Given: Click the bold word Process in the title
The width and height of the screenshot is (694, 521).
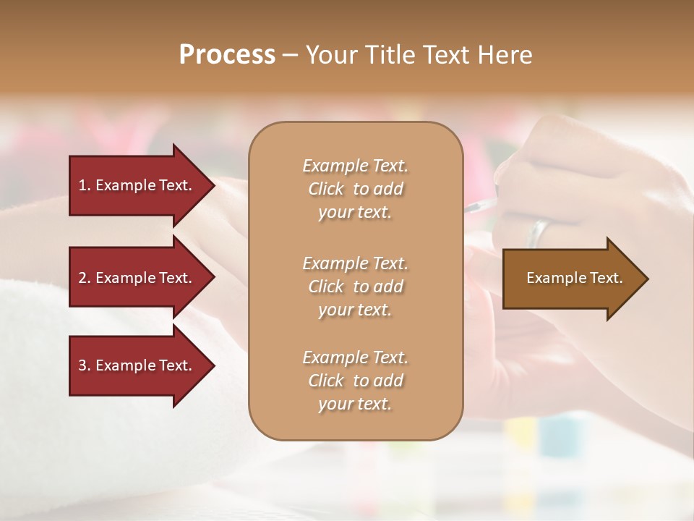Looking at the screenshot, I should [227, 55].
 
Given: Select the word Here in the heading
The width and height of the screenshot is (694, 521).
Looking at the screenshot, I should [504, 55].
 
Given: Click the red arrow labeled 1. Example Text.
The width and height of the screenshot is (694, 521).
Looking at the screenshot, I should [137, 185].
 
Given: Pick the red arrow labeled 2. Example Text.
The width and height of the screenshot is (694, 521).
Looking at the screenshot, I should [137, 278].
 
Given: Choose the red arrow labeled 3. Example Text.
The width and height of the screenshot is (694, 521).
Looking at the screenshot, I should [137, 365].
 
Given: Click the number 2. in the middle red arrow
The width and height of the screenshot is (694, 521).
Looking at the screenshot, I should [85, 278].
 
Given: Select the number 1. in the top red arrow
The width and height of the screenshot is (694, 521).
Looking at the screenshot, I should [85, 185].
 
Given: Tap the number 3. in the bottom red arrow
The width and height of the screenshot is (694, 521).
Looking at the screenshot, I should [85, 365].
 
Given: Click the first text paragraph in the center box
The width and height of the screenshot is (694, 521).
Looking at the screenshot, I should [355, 189].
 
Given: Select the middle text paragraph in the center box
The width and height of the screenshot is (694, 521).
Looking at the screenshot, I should [355, 287].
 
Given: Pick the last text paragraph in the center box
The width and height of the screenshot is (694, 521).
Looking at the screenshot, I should [355, 381].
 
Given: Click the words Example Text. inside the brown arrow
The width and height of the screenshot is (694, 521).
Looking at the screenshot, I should [574, 278].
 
